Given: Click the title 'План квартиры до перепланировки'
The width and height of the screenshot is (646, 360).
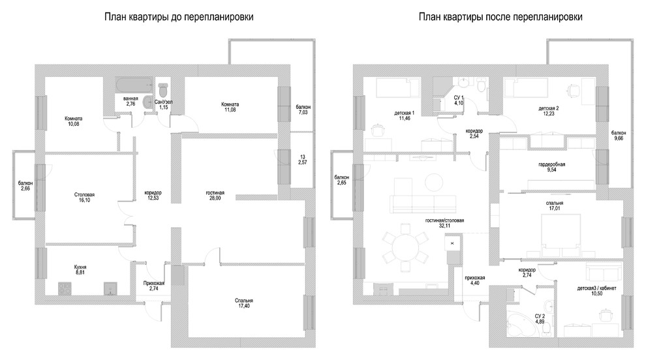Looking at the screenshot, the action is click(179, 17).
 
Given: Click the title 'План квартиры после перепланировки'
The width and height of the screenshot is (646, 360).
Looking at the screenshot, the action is click(500, 17).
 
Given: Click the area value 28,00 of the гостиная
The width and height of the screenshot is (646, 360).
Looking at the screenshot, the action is click(215, 198).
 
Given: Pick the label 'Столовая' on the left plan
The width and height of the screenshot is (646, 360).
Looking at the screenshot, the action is click(84, 195).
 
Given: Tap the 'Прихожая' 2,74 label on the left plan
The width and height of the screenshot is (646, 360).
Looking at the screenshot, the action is click(154, 286).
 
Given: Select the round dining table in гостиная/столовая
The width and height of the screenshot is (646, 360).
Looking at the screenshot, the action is click(405, 247).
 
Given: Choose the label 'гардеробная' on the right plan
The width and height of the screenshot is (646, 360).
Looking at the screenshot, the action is click(551, 164).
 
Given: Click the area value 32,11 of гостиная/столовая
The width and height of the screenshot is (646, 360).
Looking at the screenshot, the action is click(444, 226).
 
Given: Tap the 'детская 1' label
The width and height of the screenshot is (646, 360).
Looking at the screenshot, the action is click(404, 113).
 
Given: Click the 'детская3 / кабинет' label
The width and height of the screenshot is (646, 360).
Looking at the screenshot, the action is click(596, 288).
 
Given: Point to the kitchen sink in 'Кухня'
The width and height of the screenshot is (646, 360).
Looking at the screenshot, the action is click(110, 288).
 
